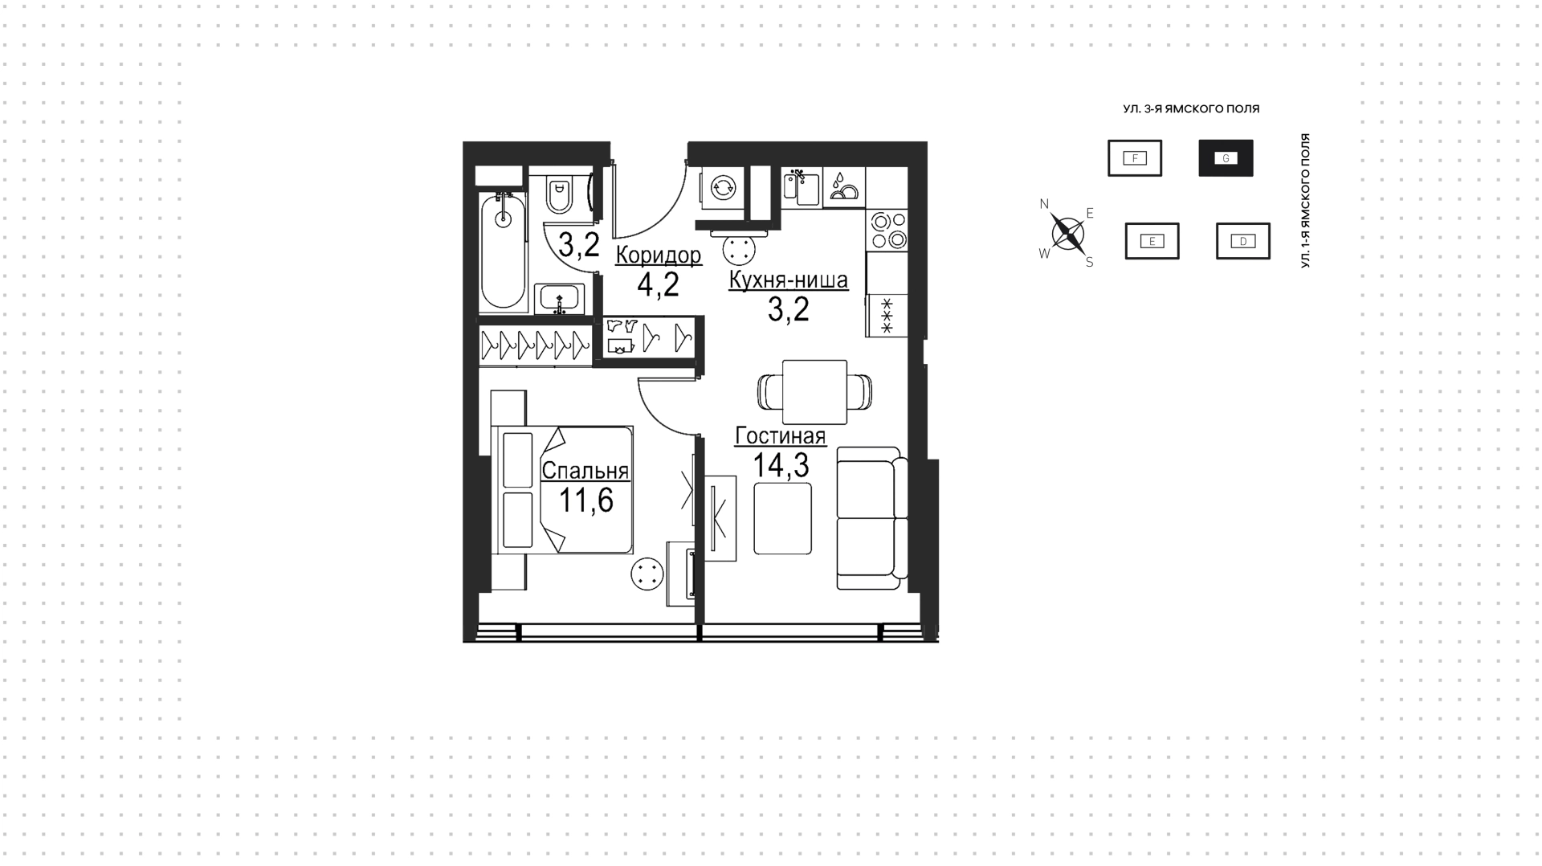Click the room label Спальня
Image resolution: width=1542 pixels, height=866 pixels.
[x=585, y=470]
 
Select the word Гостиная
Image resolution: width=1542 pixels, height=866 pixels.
[x=780, y=435]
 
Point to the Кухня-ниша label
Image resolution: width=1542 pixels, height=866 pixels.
[x=788, y=280]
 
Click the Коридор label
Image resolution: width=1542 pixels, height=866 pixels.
[x=659, y=255]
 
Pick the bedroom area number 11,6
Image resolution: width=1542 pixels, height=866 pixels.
[x=585, y=500]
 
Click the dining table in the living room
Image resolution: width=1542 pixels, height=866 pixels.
[x=814, y=391]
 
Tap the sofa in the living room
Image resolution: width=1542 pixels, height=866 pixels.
[x=872, y=518]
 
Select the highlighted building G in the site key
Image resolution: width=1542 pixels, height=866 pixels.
[x=1226, y=158]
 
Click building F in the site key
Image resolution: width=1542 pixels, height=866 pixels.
[x=1135, y=158]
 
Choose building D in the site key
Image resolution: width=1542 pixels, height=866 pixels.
[x=1243, y=241]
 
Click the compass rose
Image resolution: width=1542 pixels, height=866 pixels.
[x=1067, y=234]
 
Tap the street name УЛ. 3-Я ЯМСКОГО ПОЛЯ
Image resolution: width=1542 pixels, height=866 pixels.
[x=1191, y=108]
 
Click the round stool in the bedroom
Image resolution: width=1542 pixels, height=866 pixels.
[x=647, y=575]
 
